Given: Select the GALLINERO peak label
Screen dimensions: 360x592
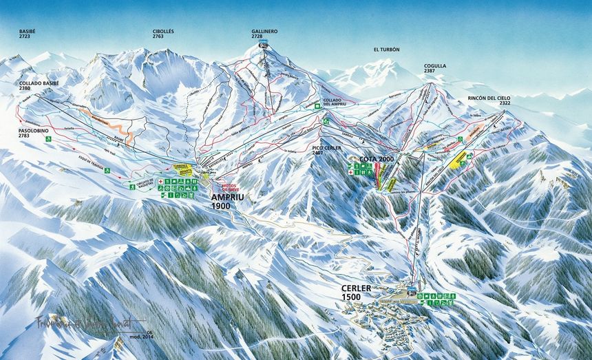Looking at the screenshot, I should click(264, 33).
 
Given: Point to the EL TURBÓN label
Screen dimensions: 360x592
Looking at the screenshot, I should click(386, 50).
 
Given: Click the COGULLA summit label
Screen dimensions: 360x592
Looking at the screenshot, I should click(434, 68).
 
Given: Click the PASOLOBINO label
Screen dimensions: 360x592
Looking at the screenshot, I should click(34, 133).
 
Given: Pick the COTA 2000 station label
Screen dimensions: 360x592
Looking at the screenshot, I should click(376, 159).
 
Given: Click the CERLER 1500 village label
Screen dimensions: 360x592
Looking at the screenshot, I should click(356, 292).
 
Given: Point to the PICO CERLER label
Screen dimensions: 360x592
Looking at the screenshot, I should click(327, 149).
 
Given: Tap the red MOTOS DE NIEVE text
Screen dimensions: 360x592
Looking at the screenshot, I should click(229, 187).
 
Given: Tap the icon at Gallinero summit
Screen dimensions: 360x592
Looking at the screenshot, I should click(264, 45).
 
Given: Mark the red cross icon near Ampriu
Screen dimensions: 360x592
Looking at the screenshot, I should click(160, 181).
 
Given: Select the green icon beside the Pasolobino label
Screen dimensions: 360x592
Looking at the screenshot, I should click(49, 140).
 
